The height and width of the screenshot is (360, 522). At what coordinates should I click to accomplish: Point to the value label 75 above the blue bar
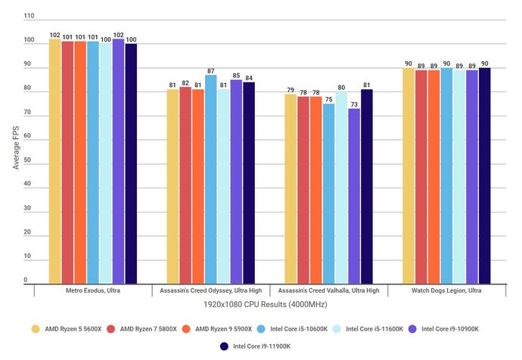pyautogui.click(x=328, y=98)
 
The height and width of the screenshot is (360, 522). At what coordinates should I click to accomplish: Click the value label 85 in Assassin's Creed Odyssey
pyautogui.click(x=236, y=75)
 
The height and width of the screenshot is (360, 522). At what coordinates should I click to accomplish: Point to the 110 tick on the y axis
pyautogui.click(x=28, y=16)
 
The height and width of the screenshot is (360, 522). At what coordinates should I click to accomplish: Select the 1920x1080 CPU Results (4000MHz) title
pyautogui.click(x=260, y=304)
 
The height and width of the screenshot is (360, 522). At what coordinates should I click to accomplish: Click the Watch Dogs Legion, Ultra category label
pyautogui.click(x=446, y=290)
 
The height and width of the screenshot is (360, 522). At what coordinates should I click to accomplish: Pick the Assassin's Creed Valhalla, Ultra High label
pyautogui.click(x=328, y=290)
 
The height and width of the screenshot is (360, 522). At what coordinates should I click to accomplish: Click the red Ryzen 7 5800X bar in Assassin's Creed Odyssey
pyautogui.click(x=185, y=185)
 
